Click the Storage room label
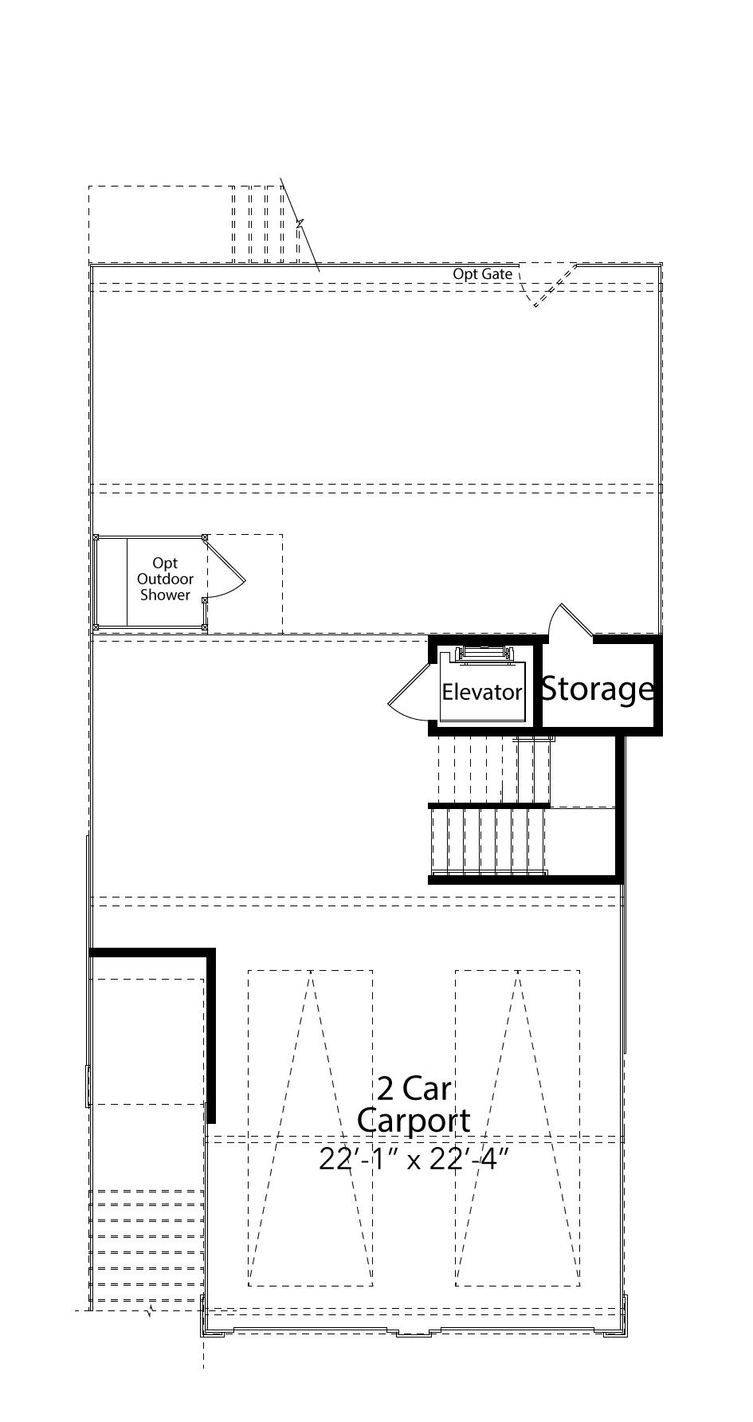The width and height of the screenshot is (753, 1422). click(x=598, y=689)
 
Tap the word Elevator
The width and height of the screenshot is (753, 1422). click(x=482, y=692)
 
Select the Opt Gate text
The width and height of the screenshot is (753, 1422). click(x=483, y=274)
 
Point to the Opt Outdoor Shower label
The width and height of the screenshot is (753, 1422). click(x=166, y=579)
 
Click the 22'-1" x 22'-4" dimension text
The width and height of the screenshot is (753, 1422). click(x=414, y=1159)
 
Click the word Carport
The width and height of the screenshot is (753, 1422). click(x=414, y=1121)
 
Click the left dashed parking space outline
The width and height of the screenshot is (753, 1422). click(x=310, y=1127)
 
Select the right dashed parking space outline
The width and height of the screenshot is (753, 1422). click(x=518, y=1127)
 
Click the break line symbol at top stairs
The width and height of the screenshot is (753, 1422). click(x=300, y=225)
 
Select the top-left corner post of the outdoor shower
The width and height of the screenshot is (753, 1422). click(x=96, y=538)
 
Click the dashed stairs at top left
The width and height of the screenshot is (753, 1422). click(x=265, y=224)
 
